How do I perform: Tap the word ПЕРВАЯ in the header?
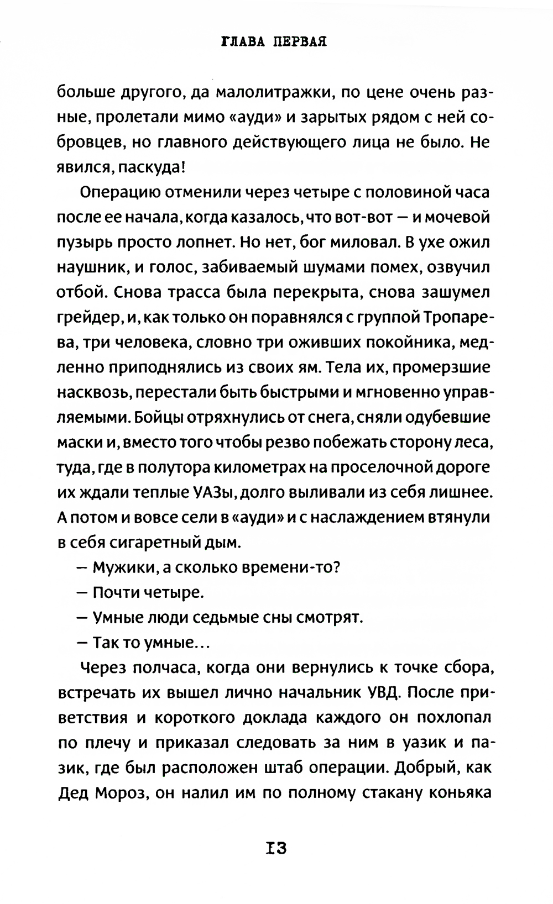pyautogui.click(x=299, y=42)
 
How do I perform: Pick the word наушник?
pyautogui.click(x=92, y=267)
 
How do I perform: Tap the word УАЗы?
pyautogui.click(x=213, y=492)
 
